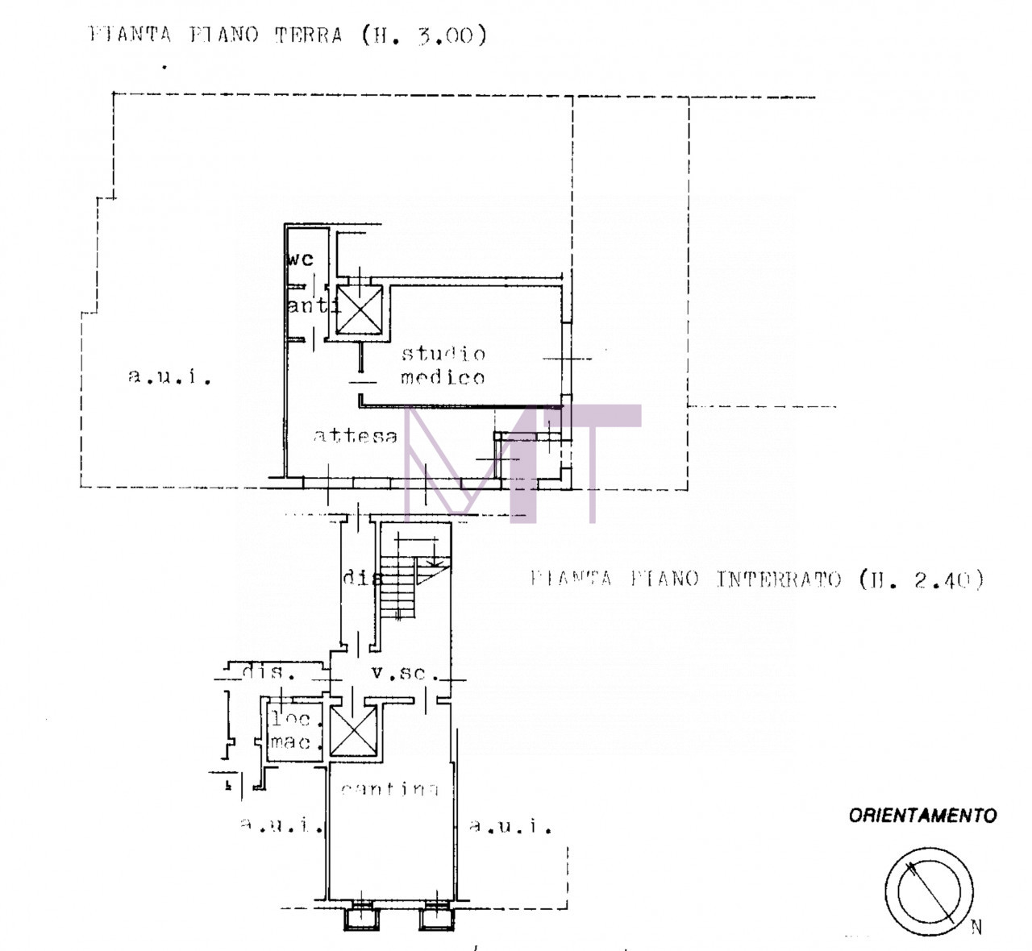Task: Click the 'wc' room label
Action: pyautogui.click(x=300, y=260)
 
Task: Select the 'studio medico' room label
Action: pyautogui.click(x=443, y=365)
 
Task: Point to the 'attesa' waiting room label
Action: pyautogui.click(x=355, y=436)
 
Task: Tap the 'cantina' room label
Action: pyautogui.click(x=389, y=789)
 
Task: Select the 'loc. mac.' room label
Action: pyautogui.click(x=291, y=730)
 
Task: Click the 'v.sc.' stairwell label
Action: pyautogui.click(x=398, y=672)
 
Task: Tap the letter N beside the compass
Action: pyautogui.click(x=976, y=928)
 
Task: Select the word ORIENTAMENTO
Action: pyautogui.click(x=922, y=816)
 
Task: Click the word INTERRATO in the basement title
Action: pyautogui.click(x=778, y=579)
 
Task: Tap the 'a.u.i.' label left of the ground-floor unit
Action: pyautogui.click(x=169, y=376)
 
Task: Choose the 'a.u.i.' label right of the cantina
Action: pyautogui.click(x=510, y=826)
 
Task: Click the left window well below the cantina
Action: pyautogui.click(x=359, y=917)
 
